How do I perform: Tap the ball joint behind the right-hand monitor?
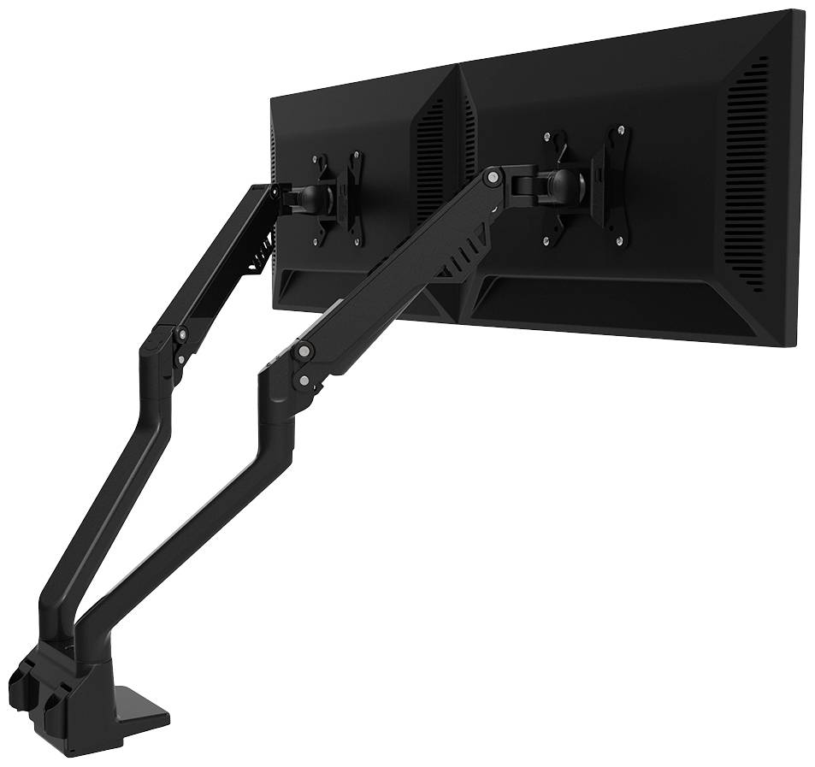561,182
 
